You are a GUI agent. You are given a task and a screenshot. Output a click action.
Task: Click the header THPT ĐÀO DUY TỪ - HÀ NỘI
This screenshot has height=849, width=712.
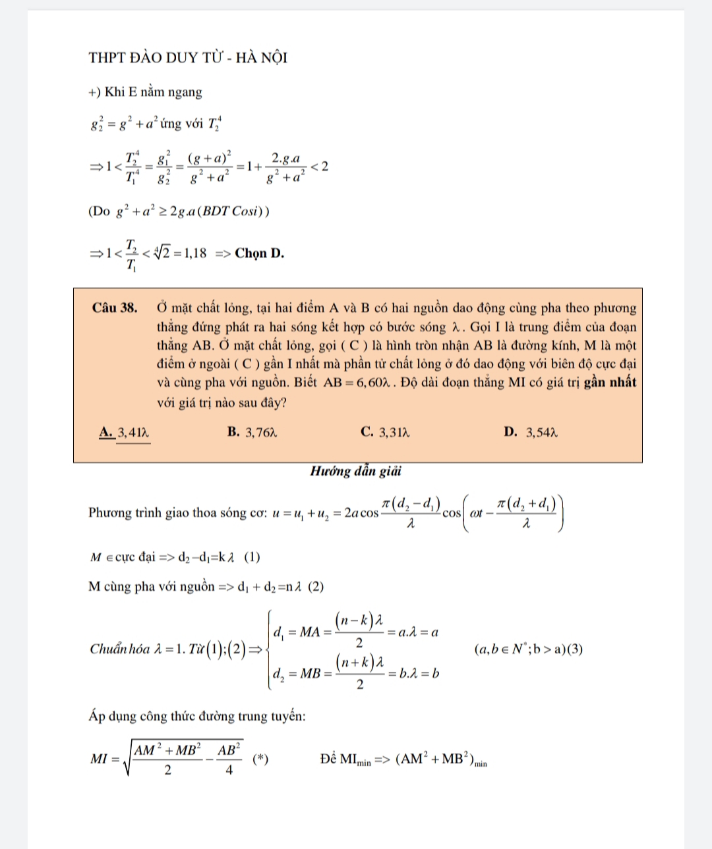pos(188,57)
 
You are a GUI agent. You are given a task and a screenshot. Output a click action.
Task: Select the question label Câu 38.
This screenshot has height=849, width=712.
pos(115,308)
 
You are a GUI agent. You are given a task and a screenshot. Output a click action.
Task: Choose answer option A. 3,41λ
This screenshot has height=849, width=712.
pos(125,433)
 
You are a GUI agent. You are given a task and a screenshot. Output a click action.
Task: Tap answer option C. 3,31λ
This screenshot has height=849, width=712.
pos(386,432)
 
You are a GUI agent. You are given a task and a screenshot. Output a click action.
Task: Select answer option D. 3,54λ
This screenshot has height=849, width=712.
pos(531,432)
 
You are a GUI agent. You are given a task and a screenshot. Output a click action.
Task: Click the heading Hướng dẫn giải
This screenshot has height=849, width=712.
pos(356,471)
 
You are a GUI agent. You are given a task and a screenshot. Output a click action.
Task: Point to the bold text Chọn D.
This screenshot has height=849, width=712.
pos(260,253)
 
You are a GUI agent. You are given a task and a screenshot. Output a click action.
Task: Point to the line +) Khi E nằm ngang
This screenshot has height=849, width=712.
pos(145,92)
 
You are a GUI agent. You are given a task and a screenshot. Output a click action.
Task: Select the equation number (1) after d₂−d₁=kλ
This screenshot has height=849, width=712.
pos(252,557)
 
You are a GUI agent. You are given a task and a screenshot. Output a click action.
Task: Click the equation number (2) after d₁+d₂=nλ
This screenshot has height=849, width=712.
pos(316,586)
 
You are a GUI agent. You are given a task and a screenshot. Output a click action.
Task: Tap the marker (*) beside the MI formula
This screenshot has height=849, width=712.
pos(260,759)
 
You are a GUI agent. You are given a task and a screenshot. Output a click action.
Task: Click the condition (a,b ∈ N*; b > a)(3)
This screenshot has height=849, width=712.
pos(528,649)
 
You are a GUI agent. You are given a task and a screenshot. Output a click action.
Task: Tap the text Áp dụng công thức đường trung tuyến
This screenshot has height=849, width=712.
pos(197,716)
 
